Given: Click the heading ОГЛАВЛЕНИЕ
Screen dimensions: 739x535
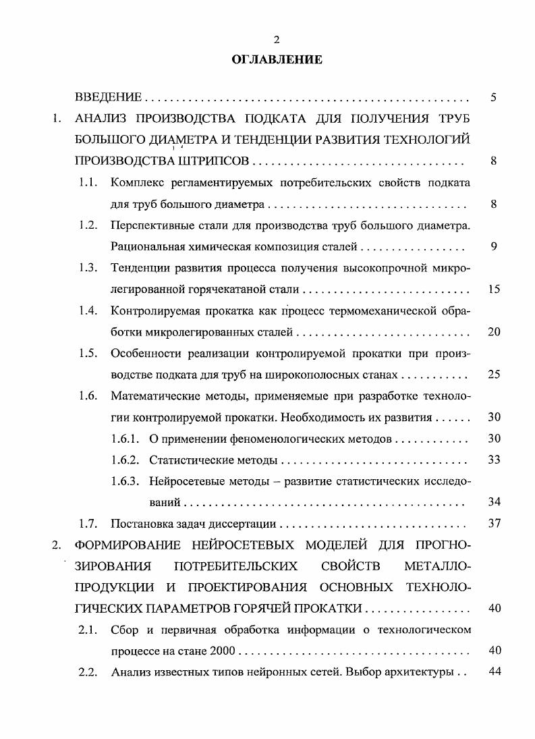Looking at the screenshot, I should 277,60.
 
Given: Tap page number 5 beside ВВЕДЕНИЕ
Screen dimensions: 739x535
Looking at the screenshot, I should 494,98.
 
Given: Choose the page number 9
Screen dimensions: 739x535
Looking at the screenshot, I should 494,246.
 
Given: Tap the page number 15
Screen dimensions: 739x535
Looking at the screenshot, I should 494,290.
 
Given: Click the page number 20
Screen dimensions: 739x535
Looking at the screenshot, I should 494,332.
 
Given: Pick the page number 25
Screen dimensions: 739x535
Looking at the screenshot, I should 494,375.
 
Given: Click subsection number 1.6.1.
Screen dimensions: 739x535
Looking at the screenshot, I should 125,439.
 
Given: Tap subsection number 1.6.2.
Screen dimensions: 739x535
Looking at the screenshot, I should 125,460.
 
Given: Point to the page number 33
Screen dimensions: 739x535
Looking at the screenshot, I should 494,460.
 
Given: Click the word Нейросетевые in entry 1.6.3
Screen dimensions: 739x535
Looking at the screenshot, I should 184,481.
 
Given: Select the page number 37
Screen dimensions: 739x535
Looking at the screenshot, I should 494,524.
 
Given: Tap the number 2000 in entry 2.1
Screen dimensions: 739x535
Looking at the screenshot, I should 223,652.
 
